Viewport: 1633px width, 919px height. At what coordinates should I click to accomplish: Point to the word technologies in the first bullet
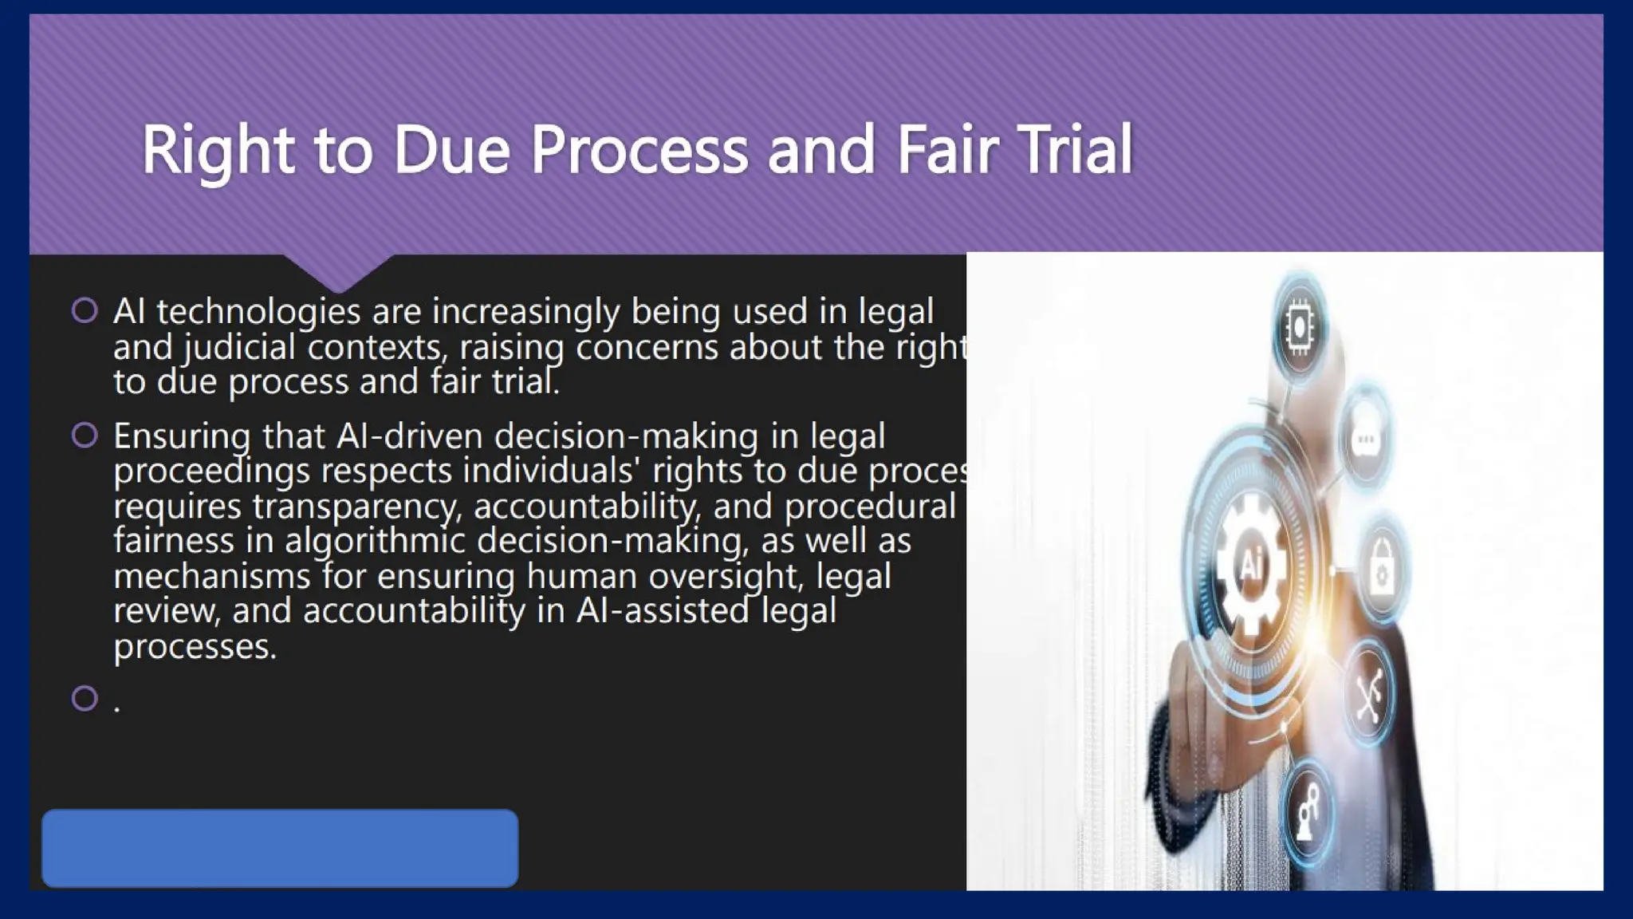tap(258, 311)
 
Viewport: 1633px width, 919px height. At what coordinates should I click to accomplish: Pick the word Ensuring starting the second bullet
tap(182, 436)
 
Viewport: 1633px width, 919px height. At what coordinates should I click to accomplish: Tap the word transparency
tap(356, 507)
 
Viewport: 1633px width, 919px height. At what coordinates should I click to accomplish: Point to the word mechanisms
tap(211, 576)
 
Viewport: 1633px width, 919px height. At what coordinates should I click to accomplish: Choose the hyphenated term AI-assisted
tap(663, 611)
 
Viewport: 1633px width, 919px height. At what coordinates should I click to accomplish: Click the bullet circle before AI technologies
tap(85, 310)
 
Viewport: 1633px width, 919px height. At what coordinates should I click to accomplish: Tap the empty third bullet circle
tap(85, 698)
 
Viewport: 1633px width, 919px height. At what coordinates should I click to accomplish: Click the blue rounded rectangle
tap(280, 848)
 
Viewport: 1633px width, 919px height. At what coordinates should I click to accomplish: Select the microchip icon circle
tap(1299, 326)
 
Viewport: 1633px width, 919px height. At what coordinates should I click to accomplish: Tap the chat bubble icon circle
tap(1365, 439)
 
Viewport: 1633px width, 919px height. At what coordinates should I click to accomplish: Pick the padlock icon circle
tap(1381, 570)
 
